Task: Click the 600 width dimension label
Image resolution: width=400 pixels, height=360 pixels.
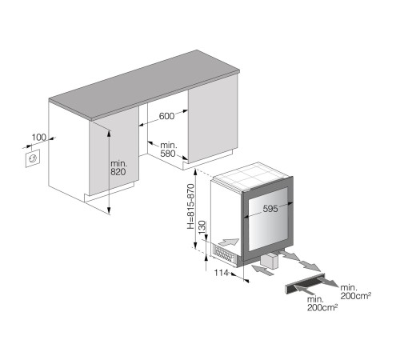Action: click(166, 116)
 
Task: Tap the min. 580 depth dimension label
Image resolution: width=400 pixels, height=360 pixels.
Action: click(168, 150)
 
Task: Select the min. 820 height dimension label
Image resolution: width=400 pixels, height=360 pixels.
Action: click(118, 168)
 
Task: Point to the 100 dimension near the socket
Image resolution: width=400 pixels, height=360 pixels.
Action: click(39, 138)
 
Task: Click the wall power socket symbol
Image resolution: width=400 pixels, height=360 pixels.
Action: click(33, 158)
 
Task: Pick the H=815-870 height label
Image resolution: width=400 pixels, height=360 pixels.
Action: click(190, 206)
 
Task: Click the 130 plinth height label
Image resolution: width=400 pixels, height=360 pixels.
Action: click(202, 227)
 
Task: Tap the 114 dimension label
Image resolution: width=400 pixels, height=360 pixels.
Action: click(222, 273)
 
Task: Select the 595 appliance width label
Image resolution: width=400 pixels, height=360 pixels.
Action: click(270, 209)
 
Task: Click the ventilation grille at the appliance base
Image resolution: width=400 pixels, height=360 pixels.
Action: click(224, 254)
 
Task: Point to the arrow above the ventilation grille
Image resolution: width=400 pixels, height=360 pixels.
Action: click(228, 242)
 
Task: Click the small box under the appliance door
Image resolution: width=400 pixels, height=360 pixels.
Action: click(270, 260)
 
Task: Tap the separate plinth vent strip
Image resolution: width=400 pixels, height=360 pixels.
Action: click(306, 283)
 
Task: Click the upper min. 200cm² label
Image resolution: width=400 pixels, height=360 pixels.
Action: click(356, 292)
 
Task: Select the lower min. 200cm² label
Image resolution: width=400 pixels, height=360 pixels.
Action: click(322, 303)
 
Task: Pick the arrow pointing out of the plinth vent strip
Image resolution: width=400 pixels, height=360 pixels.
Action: click(329, 282)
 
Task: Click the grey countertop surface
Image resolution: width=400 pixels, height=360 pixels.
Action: click(144, 85)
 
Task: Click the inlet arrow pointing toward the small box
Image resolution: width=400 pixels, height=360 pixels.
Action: click(263, 270)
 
